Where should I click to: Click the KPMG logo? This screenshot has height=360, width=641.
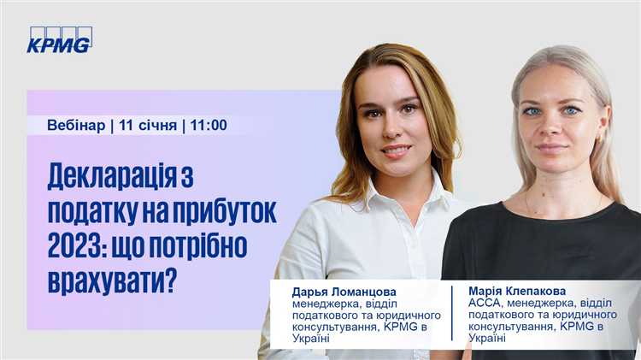(x=59, y=40)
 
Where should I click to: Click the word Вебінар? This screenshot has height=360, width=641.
(x=76, y=125)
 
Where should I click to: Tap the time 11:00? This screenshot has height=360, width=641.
(x=209, y=125)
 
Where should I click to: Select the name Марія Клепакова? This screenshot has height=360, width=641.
(x=518, y=291)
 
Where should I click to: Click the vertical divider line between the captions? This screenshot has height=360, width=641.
(x=452, y=313)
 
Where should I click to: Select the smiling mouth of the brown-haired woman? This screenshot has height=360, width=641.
(x=396, y=150)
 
